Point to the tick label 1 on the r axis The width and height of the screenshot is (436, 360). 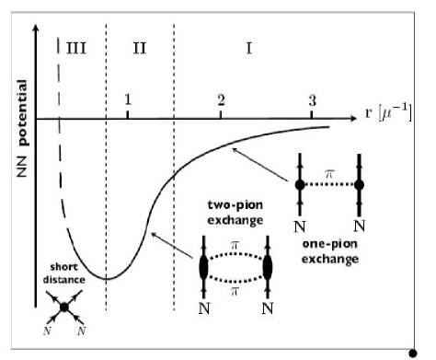[128, 99]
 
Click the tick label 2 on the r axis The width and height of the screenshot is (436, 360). [221, 99]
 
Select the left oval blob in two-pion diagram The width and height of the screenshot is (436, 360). [203, 268]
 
